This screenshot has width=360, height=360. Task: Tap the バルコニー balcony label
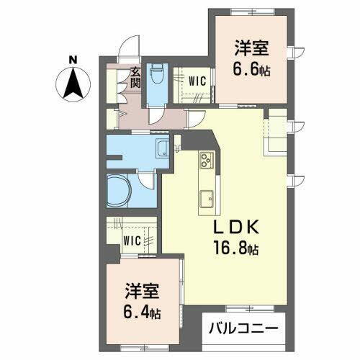pos(243,329)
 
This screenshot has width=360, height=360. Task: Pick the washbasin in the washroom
pos(164,150)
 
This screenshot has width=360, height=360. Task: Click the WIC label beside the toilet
pos(197,81)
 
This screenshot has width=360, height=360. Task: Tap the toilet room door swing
pos(158,118)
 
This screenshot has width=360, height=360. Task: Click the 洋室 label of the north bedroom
pos(251,50)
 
